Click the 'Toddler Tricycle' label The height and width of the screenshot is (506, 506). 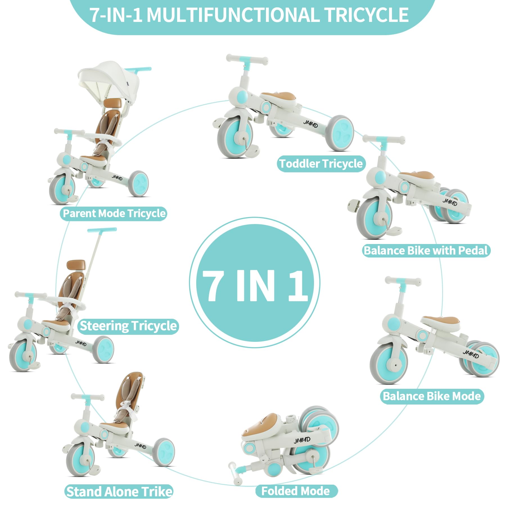(x=321, y=164)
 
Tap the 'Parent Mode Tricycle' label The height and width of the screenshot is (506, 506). (x=114, y=213)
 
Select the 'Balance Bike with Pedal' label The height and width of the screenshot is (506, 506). (x=426, y=250)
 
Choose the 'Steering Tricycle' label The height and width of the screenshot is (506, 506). (x=128, y=326)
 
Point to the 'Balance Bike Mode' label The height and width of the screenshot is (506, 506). (x=432, y=396)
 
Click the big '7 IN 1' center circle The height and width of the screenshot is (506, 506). (x=254, y=283)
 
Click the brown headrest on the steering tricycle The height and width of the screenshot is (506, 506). (x=76, y=265)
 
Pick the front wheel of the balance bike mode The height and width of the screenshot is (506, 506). (x=390, y=364)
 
